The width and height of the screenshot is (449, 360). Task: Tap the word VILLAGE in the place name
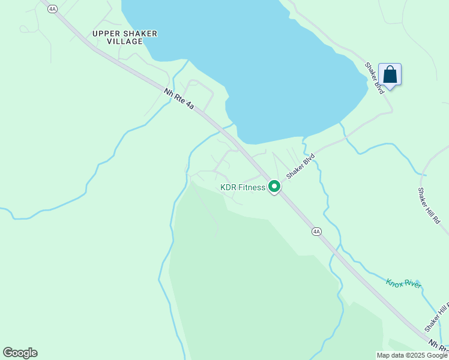tap(125, 42)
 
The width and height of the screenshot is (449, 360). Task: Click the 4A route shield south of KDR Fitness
tap(316, 232)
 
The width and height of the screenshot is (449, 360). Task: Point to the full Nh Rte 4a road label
tap(179, 98)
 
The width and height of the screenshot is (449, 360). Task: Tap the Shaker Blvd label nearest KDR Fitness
tap(300, 166)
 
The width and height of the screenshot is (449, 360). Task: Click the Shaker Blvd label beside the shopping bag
tap(375, 79)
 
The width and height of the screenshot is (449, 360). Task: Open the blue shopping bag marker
tap(390, 75)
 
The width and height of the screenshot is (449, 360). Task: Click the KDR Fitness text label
tap(243, 188)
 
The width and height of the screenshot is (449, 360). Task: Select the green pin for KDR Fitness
tap(274, 187)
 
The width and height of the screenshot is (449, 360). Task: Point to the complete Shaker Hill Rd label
tap(429, 205)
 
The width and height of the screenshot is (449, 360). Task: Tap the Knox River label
tap(404, 283)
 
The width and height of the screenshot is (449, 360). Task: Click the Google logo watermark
tap(20, 353)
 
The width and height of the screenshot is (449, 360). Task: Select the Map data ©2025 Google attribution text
tap(412, 355)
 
